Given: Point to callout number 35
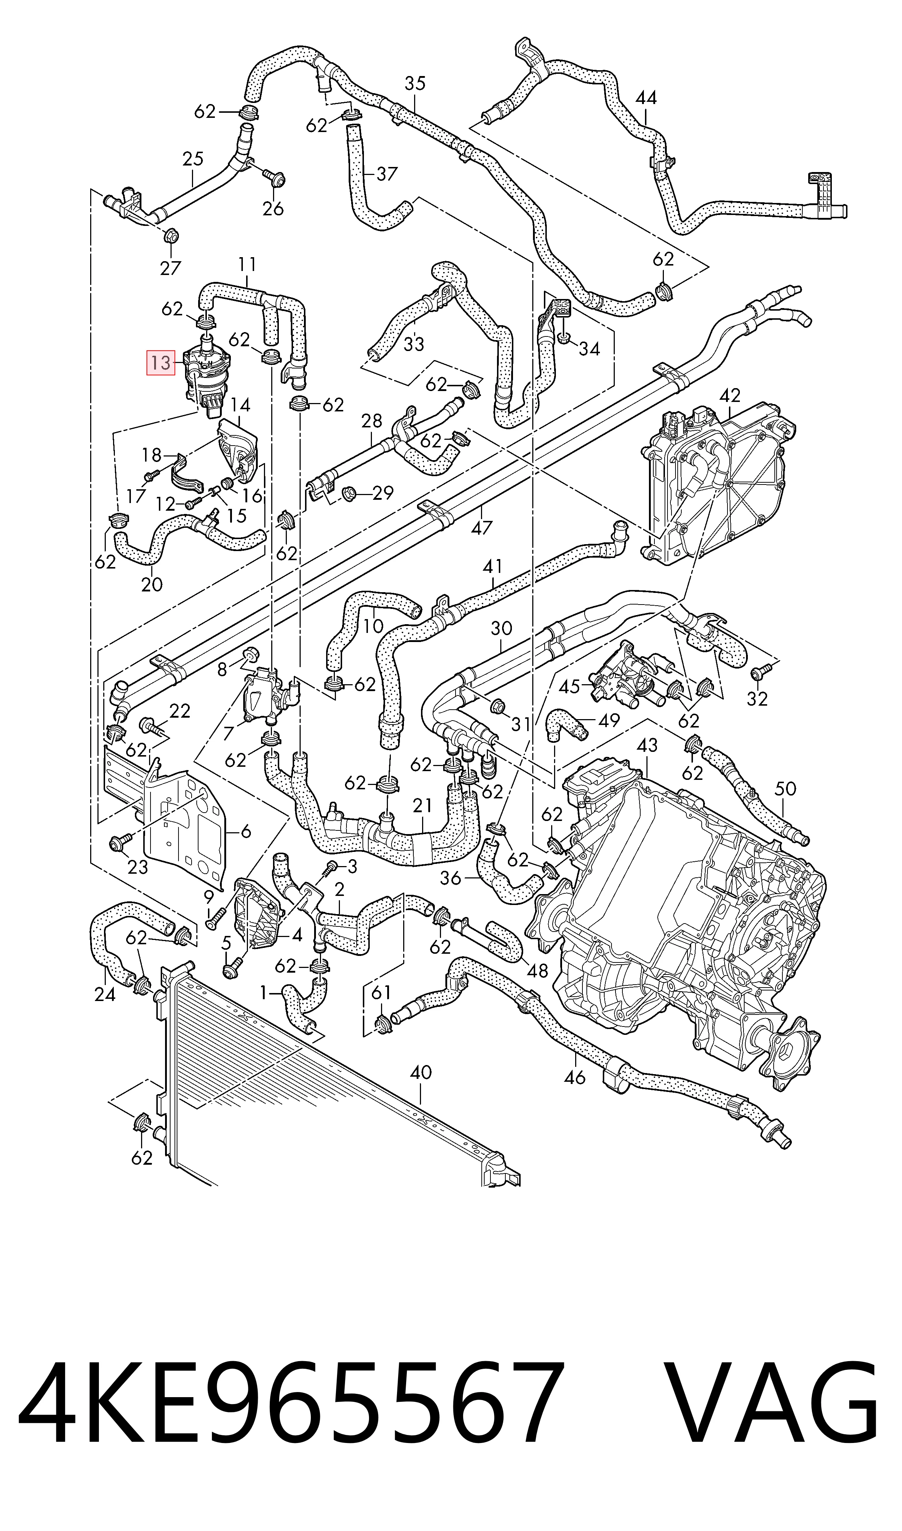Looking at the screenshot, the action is (415, 83).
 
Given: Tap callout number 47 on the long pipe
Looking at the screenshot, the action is (481, 528).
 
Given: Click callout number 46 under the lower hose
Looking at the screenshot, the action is (574, 1078).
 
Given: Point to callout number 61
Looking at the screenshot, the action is (381, 992).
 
